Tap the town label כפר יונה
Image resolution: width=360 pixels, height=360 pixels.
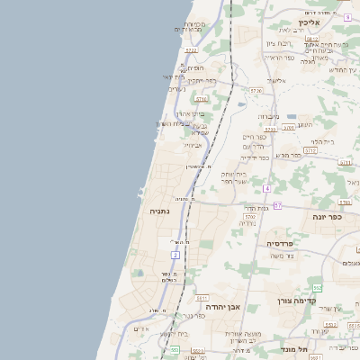point(330,217)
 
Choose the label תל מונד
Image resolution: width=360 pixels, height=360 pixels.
point(293,348)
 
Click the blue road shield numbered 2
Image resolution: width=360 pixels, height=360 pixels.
point(175,256)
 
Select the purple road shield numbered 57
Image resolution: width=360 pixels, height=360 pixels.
point(278,206)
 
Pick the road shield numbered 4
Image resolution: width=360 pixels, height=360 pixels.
point(267,188)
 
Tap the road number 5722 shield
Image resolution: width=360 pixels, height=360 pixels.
point(191,50)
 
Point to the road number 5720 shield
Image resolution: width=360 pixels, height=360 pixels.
point(256,91)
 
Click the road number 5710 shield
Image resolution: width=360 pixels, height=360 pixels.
point(202,99)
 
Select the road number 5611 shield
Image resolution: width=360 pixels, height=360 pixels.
point(202,297)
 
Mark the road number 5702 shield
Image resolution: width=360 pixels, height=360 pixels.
point(249,217)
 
